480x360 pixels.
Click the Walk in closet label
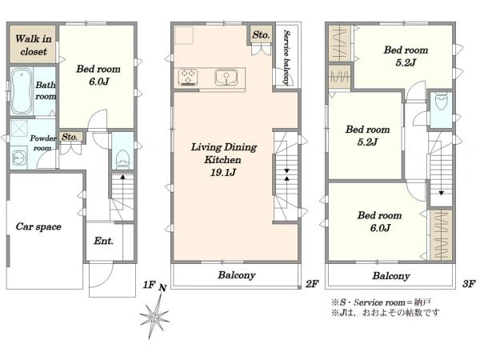[x=34, y=45]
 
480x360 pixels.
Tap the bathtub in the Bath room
[x=21, y=91]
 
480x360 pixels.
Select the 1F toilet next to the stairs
[x=123, y=158]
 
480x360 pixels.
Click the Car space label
[x=38, y=226]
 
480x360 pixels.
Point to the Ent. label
[x=103, y=241]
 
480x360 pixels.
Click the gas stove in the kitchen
[x=188, y=77]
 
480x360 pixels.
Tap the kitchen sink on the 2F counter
[x=226, y=77]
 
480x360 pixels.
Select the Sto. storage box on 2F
[x=261, y=35]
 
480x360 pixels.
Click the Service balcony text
[x=286, y=58]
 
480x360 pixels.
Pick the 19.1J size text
[x=223, y=172]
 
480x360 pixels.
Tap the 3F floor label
[x=469, y=284]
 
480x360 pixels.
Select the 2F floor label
[x=312, y=284]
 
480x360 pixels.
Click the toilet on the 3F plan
[x=441, y=102]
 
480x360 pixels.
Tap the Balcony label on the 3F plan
[x=391, y=276]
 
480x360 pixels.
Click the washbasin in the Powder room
[x=18, y=158]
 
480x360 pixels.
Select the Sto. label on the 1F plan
[x=69, y=137]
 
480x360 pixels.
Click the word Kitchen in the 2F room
[x=222, y=159]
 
